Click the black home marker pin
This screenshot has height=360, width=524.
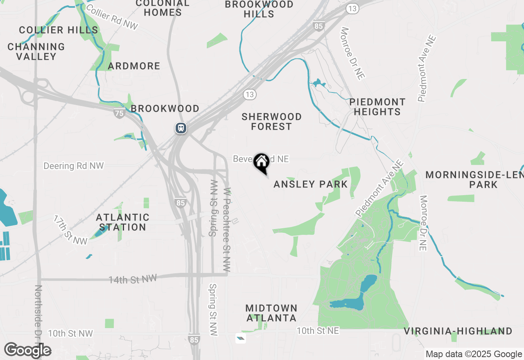tap(261, 163)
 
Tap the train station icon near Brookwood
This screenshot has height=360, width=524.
tap(181, 128)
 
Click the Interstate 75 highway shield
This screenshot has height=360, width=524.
tap(119, 113)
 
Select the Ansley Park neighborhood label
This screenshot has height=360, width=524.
tap(310, 184)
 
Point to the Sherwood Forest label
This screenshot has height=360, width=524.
tap(271, 122)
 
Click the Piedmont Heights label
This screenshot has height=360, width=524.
tap(377, 107)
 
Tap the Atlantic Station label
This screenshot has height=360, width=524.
tap(123, 222)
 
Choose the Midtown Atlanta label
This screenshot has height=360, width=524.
tap(271, 313)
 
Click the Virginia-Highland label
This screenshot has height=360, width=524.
tap(458, 331)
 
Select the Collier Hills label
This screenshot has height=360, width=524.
tap(59, 30)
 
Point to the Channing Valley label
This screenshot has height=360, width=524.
tap(36, 52)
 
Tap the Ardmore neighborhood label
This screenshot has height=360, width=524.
tap(134, 66)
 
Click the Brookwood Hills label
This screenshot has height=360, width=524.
tap(259, 9)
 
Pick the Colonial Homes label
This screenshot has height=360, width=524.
tap(163, 8)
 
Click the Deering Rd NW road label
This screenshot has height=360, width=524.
tap(74, 166)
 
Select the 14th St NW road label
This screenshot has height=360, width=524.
tap(132, 279)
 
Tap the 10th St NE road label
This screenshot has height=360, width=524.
tap(318, 331)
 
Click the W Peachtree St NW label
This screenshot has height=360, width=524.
tap(227, 229)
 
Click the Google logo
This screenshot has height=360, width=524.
tap(27, 351)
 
